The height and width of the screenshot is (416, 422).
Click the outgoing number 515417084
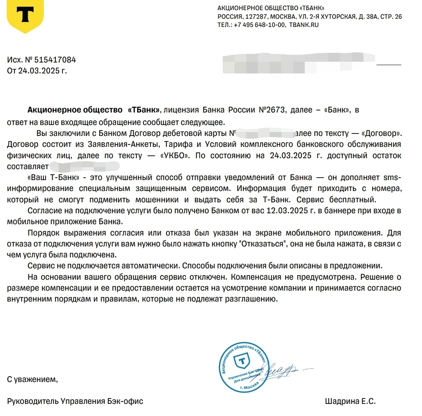pos(55,60)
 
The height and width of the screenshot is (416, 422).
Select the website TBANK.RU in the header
pos(304,25)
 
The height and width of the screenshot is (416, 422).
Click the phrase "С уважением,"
pos(32,379)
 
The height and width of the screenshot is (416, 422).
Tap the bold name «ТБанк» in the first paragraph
pos(144,111)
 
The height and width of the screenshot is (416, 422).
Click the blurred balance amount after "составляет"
pos(84,166)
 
